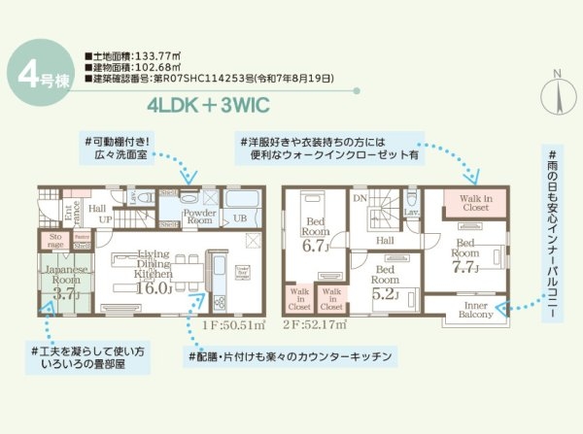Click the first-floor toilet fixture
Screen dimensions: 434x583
coord(144,197)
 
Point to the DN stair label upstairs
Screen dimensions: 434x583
coord(360,197)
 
